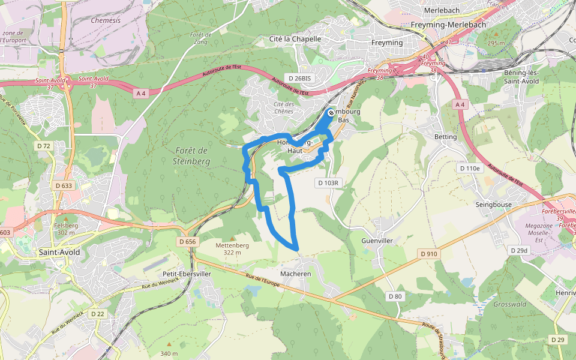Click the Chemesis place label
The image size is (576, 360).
pyautogui.click(x=106, y=20)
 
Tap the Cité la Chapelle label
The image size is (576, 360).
pyautogui.click(x=295, y=39)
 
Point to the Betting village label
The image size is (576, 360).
pyautogui.click(x=445, y=137)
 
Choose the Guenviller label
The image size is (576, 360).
pyautogui.click(x=377, y=240)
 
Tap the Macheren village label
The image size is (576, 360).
pyautogui.click(x=296, y=274)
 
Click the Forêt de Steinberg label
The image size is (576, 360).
pyautogui.click(x=193, y=156)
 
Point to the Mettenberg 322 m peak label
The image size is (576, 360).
pyautogui.click(x=232, y=248)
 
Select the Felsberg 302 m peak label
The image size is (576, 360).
pyautogui.click(x=65, y=229)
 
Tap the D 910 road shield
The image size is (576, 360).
pyautogui.click(x=429, y=254)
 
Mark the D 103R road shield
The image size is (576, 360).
pyautogui.click(x=328, y=182)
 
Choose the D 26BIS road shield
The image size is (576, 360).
pyautogui.click(x=299, y=78)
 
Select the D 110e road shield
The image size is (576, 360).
pyautogui.click(x=470, y=169)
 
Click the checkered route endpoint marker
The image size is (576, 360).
pyautogui.click(x=331, y=113)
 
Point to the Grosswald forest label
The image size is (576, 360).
pyautogui.click(x=509, y=304)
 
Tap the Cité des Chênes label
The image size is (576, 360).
pyautogui.click(x=284, y=107)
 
